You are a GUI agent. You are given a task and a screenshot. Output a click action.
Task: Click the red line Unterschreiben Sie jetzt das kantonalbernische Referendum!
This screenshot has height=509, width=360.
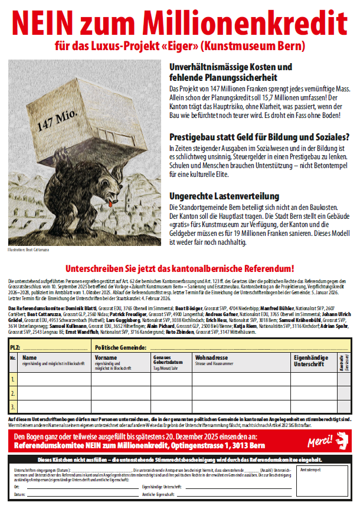pos(179,268)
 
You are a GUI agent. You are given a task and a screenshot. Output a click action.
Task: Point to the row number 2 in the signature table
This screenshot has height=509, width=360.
pos(12,392)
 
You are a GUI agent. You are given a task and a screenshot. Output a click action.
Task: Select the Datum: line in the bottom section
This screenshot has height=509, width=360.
pos(19,494)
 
